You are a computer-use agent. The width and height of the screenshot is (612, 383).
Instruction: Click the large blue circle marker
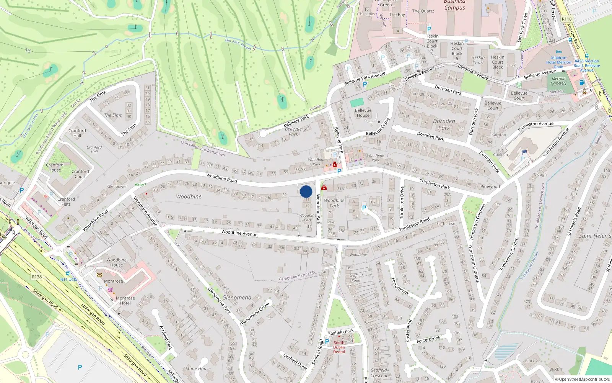point(306,191)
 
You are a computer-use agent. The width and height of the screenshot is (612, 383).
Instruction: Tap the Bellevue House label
point(363,113)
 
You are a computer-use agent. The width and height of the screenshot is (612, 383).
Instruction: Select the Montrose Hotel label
point(125,300)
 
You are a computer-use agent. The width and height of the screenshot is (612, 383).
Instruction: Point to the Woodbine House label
point(116,262)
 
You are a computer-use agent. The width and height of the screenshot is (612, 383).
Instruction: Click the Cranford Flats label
point(66,201)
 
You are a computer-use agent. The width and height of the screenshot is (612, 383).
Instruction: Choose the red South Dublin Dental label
point(339,347)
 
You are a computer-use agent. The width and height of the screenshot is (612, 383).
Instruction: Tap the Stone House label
point(198,368)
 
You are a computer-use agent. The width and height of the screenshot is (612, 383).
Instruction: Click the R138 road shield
point(37,277)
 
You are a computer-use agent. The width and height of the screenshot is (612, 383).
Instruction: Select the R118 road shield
point(566,19)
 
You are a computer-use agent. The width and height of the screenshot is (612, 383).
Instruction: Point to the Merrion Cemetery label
point(558,81)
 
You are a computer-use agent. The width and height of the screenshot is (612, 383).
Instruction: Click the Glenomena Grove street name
point(255,314)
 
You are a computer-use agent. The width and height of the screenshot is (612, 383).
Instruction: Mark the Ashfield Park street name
point(166,337)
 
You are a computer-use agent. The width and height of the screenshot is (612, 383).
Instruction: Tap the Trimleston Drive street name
point(402,203)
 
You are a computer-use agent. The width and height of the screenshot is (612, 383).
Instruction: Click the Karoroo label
point(499,135)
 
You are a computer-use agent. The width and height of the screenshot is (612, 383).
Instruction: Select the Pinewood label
point(490,187)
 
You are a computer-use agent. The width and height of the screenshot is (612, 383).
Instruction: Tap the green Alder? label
point(140,185)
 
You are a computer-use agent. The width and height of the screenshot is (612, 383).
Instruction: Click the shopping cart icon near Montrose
point(110,290)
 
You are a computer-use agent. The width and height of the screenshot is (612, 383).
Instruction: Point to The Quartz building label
point(423,11)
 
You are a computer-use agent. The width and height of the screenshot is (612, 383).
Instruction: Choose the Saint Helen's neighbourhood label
point(595,236)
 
